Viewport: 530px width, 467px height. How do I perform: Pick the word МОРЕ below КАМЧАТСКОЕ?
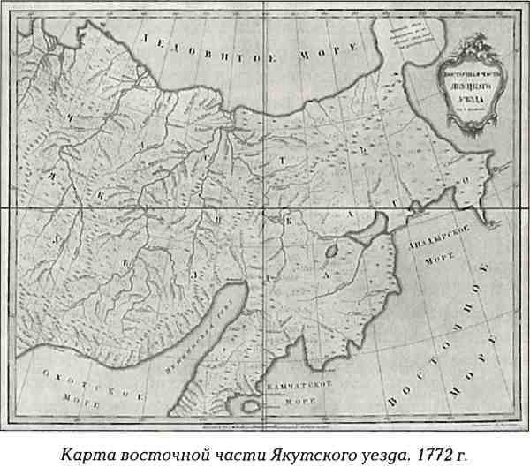tap(300, 403)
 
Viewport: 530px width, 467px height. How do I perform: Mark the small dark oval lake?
tap(331, 251)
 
